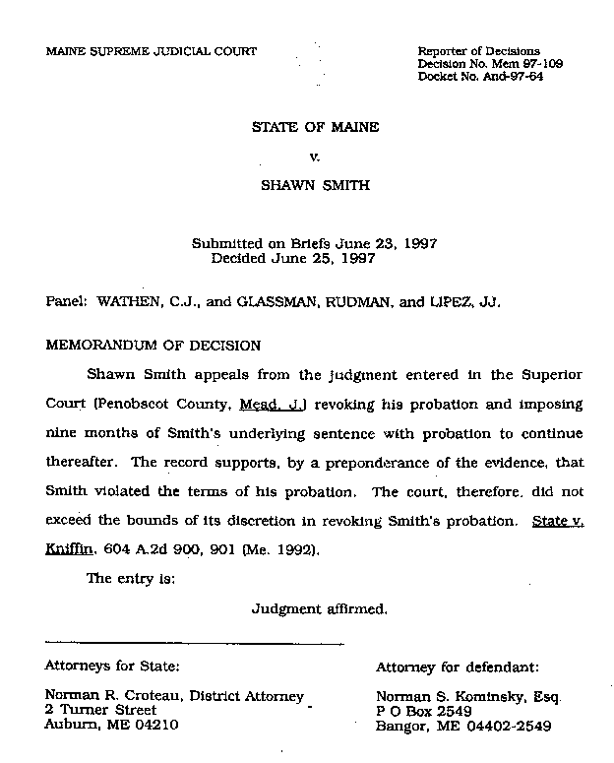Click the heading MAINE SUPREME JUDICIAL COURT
151,51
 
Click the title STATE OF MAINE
315,128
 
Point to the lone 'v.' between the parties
315,156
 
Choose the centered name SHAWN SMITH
315,184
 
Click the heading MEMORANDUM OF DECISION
153,346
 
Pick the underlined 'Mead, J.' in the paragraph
255,405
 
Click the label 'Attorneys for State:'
112,667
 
